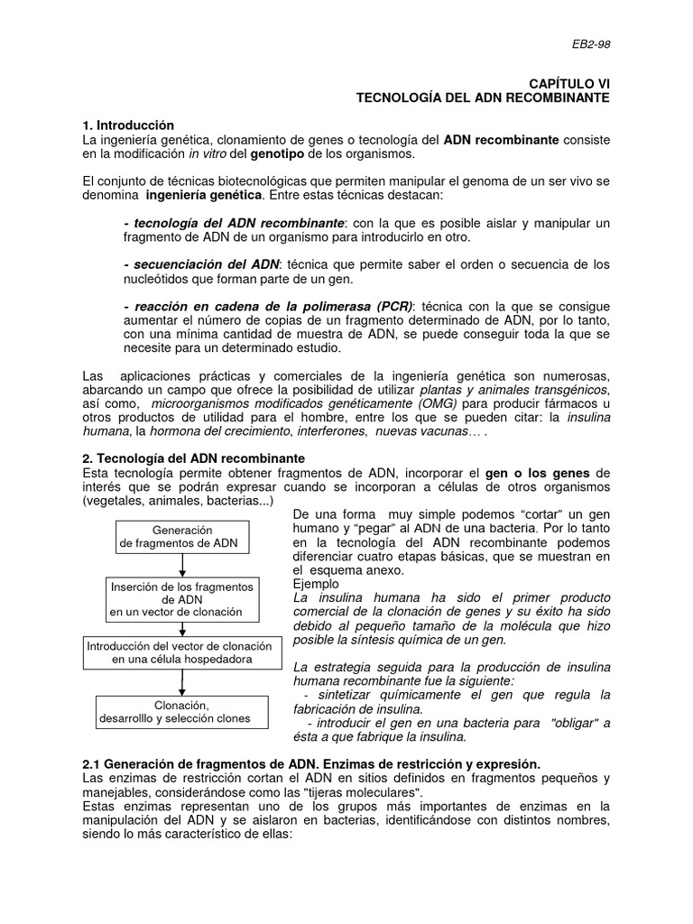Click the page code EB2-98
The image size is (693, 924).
592,43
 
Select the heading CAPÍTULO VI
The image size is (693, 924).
569,83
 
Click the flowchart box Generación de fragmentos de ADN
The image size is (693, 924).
182,537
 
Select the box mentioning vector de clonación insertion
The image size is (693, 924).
182,599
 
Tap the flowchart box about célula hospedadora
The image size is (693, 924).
182,652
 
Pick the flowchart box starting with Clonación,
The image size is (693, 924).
182,712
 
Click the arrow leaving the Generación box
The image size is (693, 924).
182,566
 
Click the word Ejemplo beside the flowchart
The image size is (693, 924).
317,584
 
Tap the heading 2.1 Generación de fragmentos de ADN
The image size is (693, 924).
311,764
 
